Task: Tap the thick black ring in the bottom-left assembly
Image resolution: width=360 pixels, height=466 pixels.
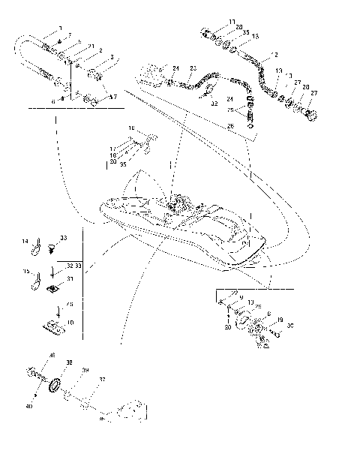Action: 54,386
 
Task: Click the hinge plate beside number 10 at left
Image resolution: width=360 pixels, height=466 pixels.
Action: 52,325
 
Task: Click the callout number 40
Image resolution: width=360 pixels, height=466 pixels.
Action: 30,406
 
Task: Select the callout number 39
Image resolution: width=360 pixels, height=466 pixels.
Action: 85,370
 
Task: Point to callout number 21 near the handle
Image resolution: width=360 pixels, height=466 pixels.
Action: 91,47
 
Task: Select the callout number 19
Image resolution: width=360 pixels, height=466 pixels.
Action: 279,320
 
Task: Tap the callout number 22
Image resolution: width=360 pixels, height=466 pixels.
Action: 235,291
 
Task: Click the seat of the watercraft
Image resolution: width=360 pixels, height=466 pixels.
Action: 217,225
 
